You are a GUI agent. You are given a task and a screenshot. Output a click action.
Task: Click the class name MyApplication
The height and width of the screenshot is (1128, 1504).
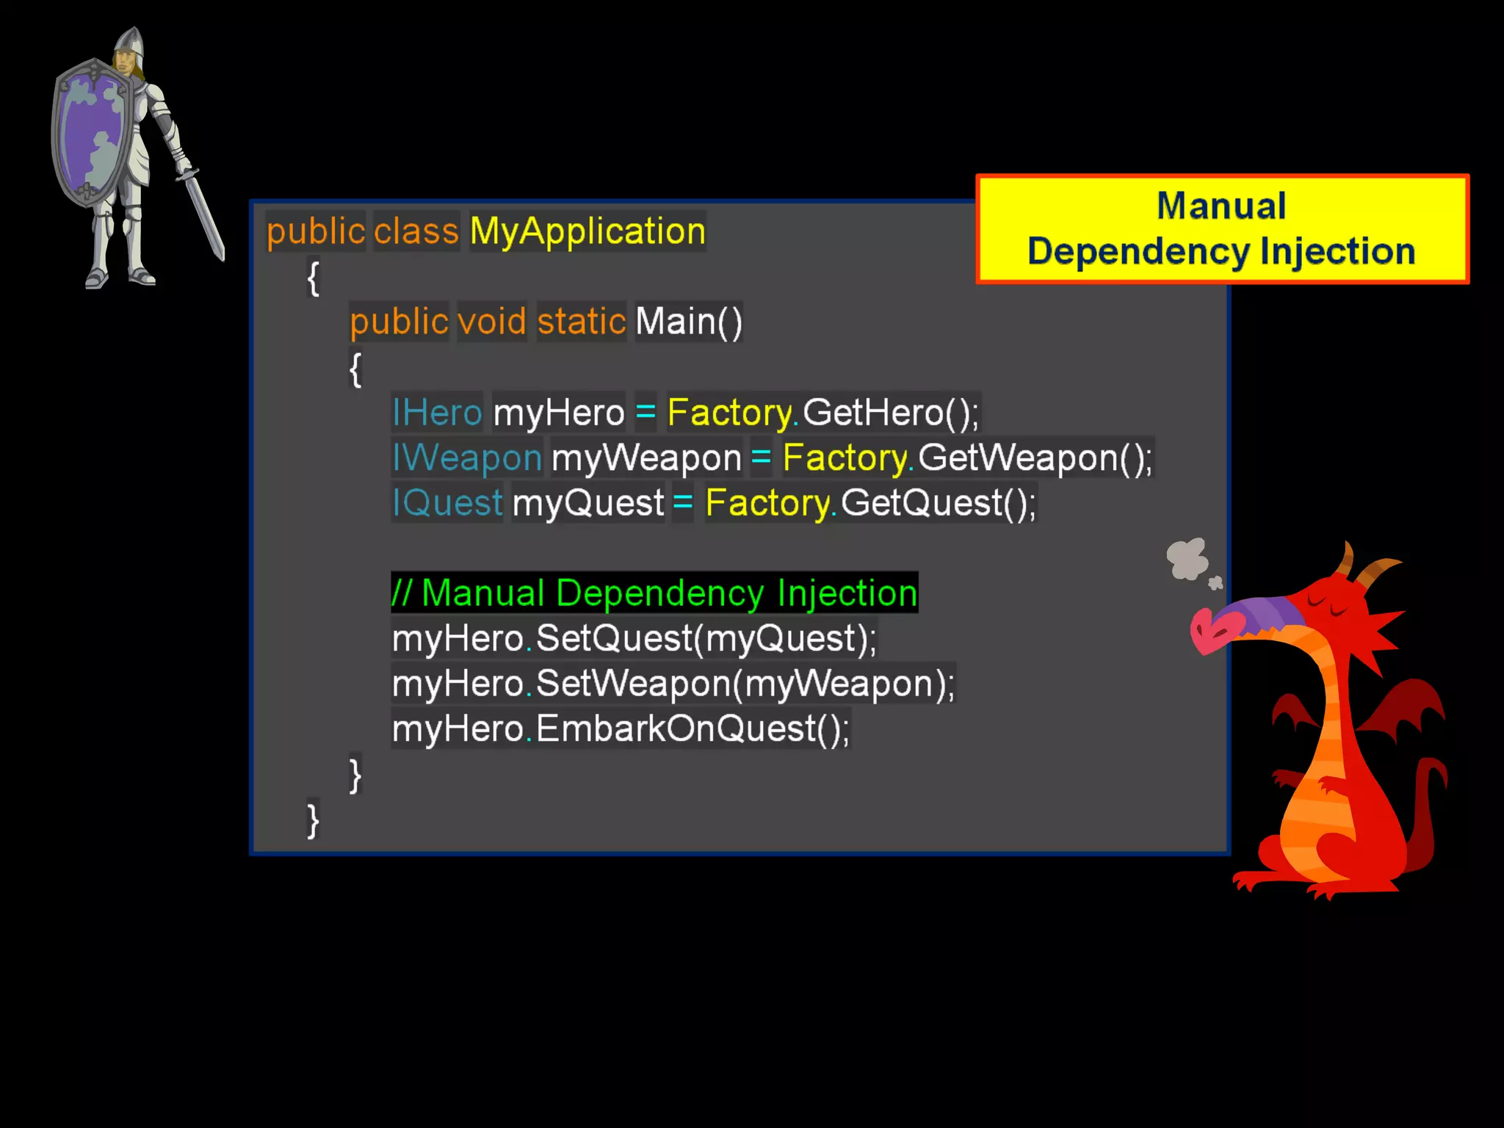click(x=587, y=231)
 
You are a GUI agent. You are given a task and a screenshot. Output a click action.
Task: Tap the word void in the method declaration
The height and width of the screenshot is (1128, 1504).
click(x=491, y=322)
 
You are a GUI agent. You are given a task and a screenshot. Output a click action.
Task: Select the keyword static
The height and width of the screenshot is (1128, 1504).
click(x=581, y=322)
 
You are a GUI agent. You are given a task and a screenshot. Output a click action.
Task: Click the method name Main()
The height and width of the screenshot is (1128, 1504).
click(x=688, y=322)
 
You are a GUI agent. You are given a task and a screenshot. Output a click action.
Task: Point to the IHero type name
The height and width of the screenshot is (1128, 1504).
click(x=437, y=412)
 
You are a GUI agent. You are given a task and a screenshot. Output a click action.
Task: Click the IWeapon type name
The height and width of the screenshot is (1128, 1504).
click(x=467, y=458)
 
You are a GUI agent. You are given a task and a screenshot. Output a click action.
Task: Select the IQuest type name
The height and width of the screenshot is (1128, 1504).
click(x=447, y=503)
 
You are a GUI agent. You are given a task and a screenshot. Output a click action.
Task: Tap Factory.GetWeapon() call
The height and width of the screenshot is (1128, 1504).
click(x=966, y=458)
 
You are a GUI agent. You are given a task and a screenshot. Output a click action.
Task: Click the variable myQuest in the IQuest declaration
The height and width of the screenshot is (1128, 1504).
click(x=587, y=503)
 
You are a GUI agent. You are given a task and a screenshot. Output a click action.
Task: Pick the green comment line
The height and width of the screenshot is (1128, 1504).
click(x=654, y=593)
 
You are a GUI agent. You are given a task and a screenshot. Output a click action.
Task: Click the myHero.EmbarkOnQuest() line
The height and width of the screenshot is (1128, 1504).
click(x=621, y=729)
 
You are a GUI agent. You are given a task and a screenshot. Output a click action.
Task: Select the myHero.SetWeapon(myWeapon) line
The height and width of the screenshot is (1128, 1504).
click(x=673, y=684)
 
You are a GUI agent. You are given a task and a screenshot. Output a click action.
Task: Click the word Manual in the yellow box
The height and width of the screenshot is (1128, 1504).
click(x=1221, y=206)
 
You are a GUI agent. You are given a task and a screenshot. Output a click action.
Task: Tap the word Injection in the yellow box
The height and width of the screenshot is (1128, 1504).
click(x=1337, y=252)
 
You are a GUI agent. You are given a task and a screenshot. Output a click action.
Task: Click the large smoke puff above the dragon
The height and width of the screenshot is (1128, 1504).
click(x=1187, y=558)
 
